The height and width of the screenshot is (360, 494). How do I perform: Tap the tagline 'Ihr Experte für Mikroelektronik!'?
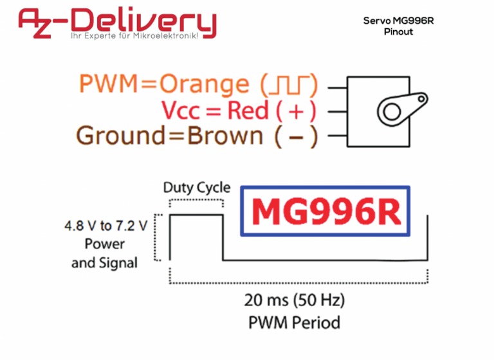pyautogui.click(x=143, y=35)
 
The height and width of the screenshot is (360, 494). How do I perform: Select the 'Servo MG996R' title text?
pyautogui.click(x=398, y=21)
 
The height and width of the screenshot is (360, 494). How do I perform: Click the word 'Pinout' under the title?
pyautogui.click(x=398, y=32)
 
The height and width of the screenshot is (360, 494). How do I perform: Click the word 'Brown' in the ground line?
pyautogui.click(x=224, y=136)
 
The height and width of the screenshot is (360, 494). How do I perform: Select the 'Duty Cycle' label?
pyautogui.click(x=196, y=188)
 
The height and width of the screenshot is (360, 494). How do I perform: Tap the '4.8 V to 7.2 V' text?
pyautogui.click(x=105, y=226)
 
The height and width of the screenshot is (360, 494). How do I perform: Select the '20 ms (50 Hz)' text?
pyautogui.click(x=295, y=300)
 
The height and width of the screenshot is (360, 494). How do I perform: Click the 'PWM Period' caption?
pyautogui.click(x=295, y=321)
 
